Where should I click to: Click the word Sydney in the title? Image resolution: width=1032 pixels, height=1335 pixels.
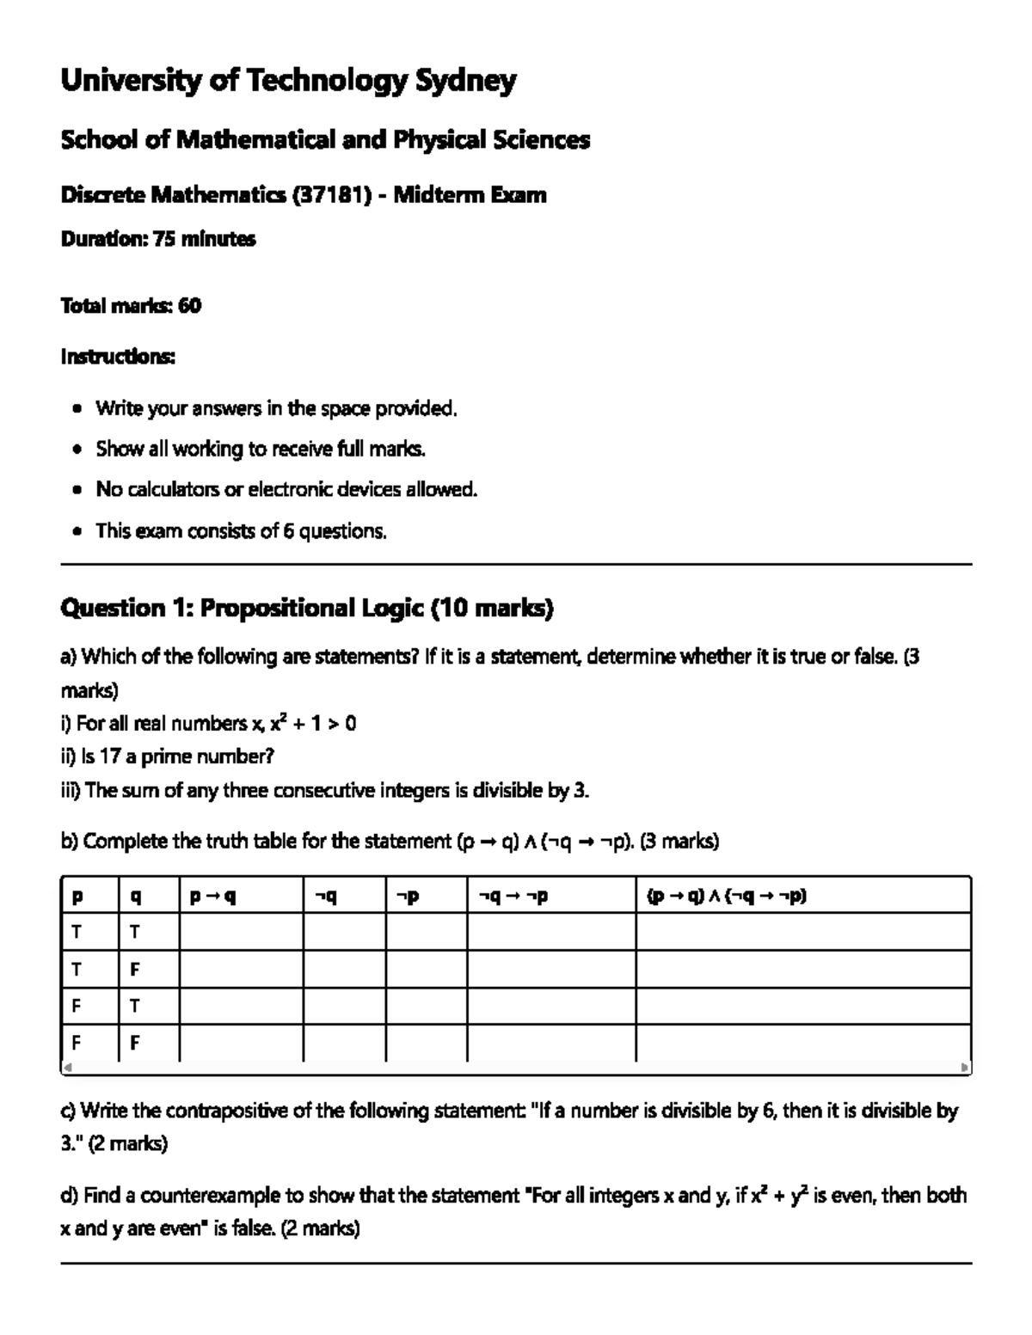coord(466,82)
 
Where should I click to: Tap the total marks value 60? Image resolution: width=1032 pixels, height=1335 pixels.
coord(189,306)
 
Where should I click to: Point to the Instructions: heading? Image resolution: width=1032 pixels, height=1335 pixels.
coord(118,356)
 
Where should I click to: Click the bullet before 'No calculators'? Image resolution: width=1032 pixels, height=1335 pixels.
coord(78,490)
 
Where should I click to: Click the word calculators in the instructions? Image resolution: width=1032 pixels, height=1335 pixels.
coord(173,490)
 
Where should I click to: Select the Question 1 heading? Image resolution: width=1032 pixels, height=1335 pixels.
coord(306,609)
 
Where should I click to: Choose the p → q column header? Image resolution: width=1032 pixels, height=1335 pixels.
coord(212,897)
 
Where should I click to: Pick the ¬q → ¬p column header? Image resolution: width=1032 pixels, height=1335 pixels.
coord(513,897)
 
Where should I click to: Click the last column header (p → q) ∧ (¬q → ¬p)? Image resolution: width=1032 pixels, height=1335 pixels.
coord(727,897)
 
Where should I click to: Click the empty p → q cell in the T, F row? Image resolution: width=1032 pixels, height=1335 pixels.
coord(241,970)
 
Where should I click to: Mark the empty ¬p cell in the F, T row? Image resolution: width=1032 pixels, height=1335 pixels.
coord(426,1006)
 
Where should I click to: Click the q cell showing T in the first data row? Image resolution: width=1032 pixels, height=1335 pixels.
coord(135,933)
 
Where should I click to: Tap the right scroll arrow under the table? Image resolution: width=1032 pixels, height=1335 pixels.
coord(965,1068)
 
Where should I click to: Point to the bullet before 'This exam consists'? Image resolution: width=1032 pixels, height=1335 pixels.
coord(78,531)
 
